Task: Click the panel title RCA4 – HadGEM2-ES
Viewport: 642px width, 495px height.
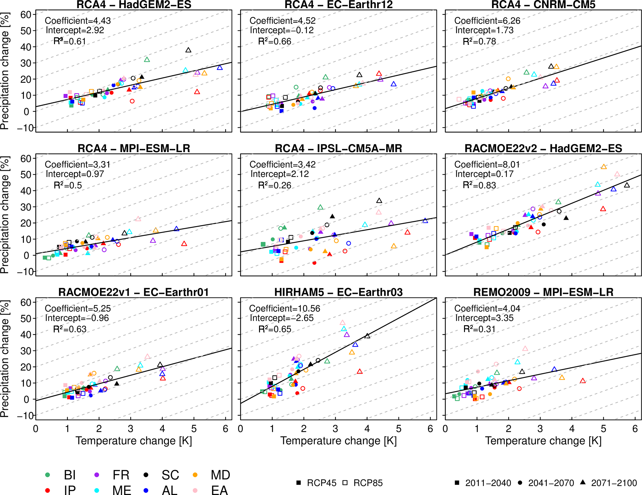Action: coord(134,5)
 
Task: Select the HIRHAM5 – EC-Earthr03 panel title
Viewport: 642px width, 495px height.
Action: coord(338,292)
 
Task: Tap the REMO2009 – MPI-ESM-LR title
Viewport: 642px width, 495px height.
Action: coord(543,292)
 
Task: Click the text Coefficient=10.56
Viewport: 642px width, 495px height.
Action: coord(285,308)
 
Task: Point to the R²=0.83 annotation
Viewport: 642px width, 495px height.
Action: coord(479,185)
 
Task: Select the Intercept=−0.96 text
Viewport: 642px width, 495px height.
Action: coord(77,318)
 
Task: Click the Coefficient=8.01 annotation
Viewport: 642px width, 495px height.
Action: coord(487,164)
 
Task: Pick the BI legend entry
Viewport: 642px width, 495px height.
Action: coord(70,475)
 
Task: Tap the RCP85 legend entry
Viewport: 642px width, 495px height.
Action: coord(368,483)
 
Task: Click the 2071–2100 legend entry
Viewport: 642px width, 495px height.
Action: coord(614,483)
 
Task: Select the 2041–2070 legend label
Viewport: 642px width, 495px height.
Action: coord(551,483)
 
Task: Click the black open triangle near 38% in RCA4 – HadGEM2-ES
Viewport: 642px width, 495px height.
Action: coord(188,50)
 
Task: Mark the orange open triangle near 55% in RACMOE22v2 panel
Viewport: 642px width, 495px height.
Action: coord(604,167)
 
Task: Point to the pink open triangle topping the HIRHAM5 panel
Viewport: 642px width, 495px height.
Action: coord(343,323)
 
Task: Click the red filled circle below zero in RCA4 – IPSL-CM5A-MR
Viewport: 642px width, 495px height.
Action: coord(314,263)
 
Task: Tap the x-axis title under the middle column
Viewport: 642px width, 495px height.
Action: coord(338,441)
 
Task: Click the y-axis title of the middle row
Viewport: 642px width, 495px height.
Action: coord(5,215)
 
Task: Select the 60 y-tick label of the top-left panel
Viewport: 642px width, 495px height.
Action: coord(26,15)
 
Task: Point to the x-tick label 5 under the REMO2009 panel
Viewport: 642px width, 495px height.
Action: coord(603,429)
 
